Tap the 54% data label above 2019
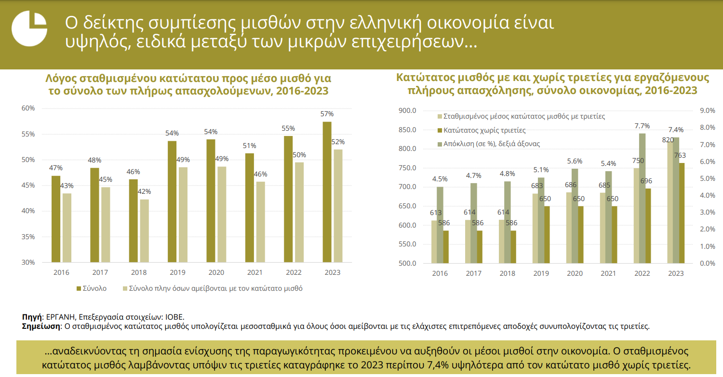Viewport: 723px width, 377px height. tap(172, 133)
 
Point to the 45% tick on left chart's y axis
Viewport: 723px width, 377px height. tap(28, 186)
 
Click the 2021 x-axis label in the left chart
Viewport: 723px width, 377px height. tap(255, 272)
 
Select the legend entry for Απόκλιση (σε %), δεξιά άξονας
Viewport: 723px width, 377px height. tap(492, 144)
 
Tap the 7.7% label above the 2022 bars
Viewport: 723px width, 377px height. tap(642, 126)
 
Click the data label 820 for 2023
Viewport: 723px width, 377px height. tap(668, 140)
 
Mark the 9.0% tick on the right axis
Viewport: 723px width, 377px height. tap(707, 110)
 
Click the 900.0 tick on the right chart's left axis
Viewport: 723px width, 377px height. tap(407, 110)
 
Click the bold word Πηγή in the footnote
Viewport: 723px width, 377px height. tap(32, 317)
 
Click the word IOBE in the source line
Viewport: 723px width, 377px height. tap(174, 317)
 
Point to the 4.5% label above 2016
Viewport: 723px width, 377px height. tap(440, 179)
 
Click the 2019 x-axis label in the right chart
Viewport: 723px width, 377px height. tap(541, 273)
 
